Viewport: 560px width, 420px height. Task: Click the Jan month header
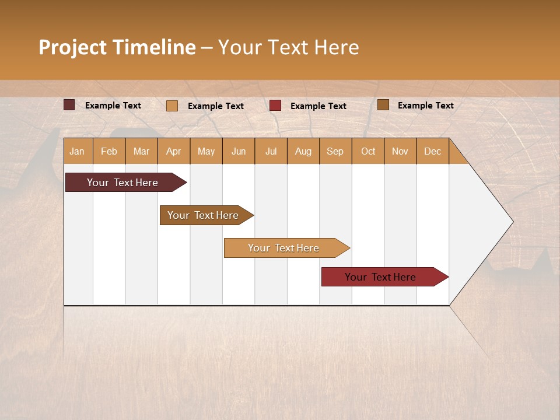77,151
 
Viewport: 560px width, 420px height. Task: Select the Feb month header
109,151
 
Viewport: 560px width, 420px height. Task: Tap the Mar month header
141,151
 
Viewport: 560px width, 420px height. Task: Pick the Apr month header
174,151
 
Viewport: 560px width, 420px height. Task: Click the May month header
206,151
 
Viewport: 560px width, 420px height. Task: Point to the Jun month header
239,151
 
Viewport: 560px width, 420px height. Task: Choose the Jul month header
271,151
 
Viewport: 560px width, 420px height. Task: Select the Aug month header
303,151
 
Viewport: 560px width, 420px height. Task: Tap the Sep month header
335,151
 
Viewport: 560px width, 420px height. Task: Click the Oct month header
368,151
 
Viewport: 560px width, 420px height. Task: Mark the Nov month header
400,151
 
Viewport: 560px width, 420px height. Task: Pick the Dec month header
432,151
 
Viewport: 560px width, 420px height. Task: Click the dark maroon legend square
69,105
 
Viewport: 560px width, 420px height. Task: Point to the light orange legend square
172,106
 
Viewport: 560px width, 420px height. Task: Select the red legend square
275,105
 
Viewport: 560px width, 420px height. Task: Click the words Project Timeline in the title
117,47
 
